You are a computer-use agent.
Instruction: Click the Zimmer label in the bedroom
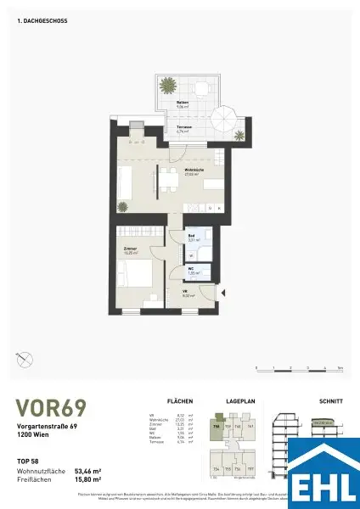pyautogui.click(x=131, y=249)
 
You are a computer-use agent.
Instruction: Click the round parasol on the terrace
pyautogui.click(x=229, y=116)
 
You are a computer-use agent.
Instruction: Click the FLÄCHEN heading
pyautogui.click(x=181, y=400)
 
